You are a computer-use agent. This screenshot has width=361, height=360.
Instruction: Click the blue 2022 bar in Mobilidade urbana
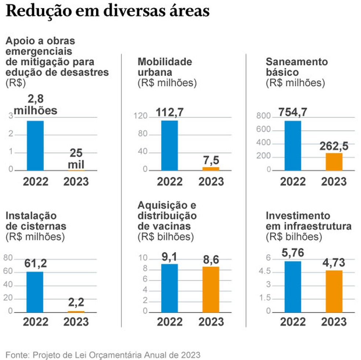[x=169, y=145]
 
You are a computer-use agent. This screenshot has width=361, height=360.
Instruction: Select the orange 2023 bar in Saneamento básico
[x=333, y=162]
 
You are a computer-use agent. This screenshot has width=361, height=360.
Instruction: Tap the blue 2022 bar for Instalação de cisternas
[x=35, y=292]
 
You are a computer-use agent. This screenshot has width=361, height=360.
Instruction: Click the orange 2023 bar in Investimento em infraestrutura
[x=333, y=291]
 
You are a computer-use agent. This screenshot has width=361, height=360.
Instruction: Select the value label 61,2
[x=36, y=263]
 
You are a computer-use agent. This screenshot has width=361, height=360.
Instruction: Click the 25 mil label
[x=76, y=159]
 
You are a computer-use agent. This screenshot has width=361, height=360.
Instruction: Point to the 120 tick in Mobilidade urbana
[x=142, y=117]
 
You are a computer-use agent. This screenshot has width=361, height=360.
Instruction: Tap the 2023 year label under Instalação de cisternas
[x=76, y=321]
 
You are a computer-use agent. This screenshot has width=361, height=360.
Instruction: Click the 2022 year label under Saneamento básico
[x=293, y=181]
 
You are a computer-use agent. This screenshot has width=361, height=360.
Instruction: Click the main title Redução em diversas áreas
[x=107, y=11]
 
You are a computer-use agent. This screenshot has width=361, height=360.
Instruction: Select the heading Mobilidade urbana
[x=165, y=67]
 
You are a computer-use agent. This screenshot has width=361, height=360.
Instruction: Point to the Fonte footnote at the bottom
[x=103, y=354]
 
